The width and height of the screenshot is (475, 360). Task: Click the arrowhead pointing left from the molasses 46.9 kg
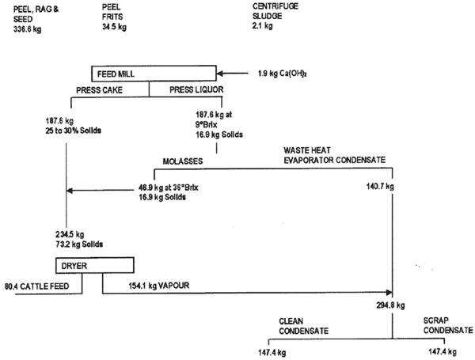coord(69,190)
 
